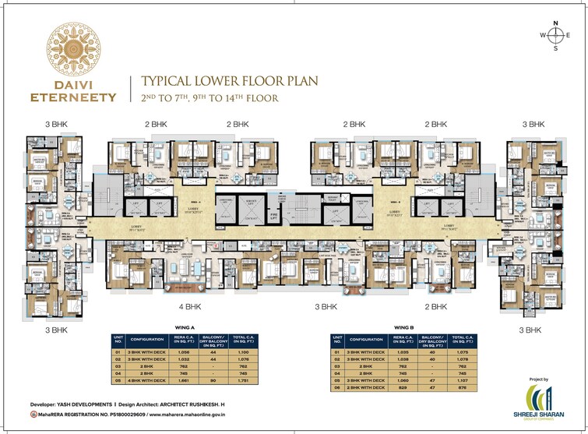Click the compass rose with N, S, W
[x=556, y=36]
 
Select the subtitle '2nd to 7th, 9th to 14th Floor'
[x=208, y=98]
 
